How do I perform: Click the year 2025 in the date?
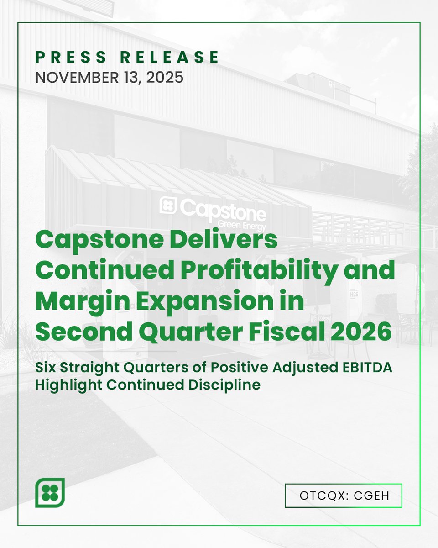click(164, 77)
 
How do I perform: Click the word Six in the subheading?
click(45, 369)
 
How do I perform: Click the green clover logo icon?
click(50, 492)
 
